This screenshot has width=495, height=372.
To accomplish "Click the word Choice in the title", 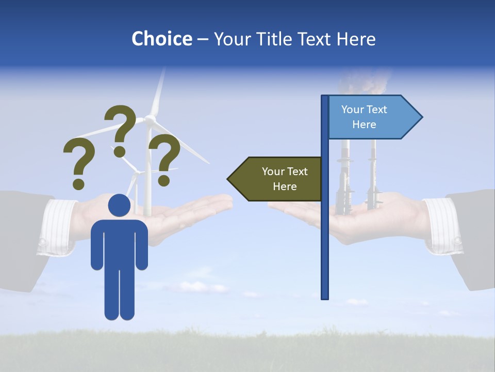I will coord(161,39).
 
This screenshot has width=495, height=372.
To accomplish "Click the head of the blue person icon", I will coord(119,205).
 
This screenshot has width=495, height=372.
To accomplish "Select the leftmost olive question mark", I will coord(79,163).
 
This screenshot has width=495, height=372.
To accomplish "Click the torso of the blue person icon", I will coord(119,243).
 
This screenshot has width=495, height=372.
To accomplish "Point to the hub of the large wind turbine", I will coord(150,119).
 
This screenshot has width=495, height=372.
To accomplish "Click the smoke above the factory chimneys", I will coord(364,83).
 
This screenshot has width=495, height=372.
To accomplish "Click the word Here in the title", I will coord(356,39).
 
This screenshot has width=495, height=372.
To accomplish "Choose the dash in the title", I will coord(203,39).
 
